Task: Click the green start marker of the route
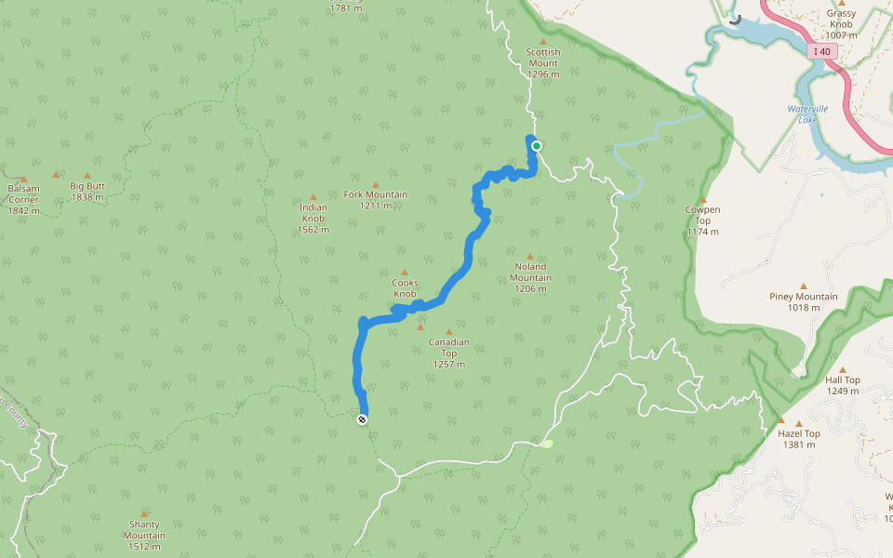tap(536, 145)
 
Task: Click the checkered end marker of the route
tap(362, 419)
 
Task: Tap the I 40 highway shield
tap(822, 52)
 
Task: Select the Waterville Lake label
tap(806, 114)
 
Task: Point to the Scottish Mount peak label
tap(542, 63)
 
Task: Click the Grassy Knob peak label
tap(841, 24)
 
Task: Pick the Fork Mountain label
tap(376, 200)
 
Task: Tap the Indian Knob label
tap(313, 219)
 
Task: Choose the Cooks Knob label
tap(405, 288)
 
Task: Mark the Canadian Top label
tap(448, 352)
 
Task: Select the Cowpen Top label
tap(702, 220)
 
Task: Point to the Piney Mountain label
tap(803, 302)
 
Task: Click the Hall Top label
tap(843, 385)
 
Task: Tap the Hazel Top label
tap(798, 439)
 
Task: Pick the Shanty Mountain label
tap(144, 529)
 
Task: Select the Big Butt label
tap(87, 191)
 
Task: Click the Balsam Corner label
tap(23, 199)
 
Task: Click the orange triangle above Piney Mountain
tap(803, 286)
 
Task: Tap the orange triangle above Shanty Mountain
tap(144, 513)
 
